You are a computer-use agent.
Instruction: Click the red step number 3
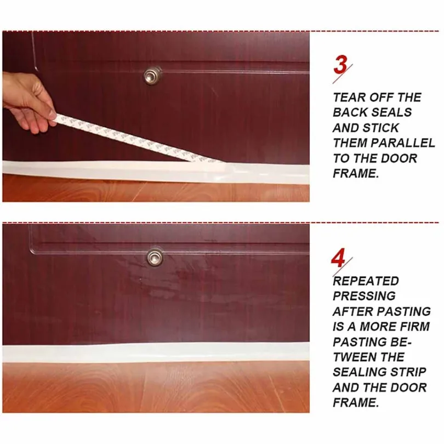pos(340,65)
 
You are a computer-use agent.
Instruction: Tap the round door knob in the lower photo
pos(155,257)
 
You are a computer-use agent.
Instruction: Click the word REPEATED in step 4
pos(366,281)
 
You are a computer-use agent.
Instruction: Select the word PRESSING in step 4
pos(364,296)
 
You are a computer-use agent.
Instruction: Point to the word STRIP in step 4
pos(409,372)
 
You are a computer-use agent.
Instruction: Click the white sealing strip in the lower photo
pos(156,354)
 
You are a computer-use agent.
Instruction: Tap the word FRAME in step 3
pos(356,173)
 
